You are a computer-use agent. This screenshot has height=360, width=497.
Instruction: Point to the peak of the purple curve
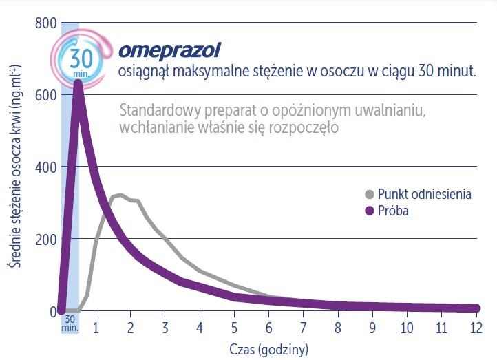coord(78,84)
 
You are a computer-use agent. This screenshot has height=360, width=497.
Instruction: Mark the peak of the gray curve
coord(120,195)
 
